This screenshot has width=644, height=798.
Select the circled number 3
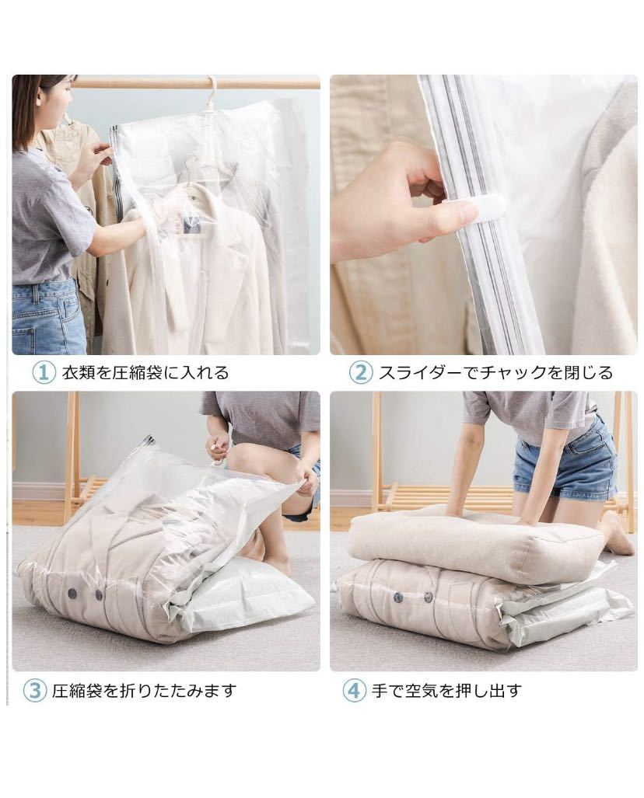point(35,690)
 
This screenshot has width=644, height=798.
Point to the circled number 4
point(354,690)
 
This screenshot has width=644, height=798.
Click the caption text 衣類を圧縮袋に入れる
point(145,373)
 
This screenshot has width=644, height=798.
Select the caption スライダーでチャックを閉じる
point(495,373)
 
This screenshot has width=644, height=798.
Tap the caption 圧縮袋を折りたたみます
point(143,690)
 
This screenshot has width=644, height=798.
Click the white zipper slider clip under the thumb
point(465,211)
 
